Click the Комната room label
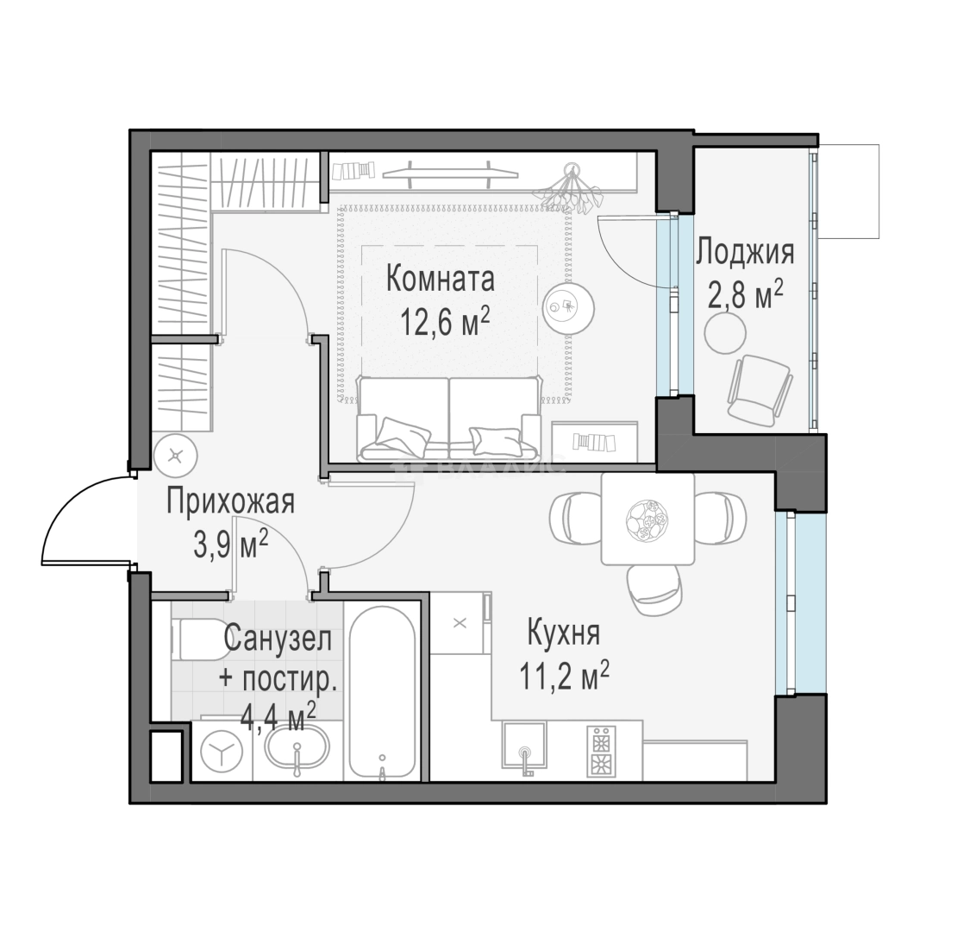pyautogui.click(x=441, y=280)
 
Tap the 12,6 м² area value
pyautogui.click(x=445, y=321)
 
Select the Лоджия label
pyautogui.click(x=746, y=253)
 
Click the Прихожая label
pyautogui.click(x=231, y=501)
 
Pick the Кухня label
pyautogui.click(x=563, y=633)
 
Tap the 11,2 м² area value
pyautogui.click(x=564, y=676)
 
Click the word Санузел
pyautogui.click(x=278, y=639)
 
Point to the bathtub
pyautogui.click(x=382, y=693)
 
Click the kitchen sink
pyautogui.click(x=524, y=745)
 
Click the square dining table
pyautogui.click(x=647, y=520)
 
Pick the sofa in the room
pyautogui.click(x=449, y=419)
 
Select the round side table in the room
pyautogui.click(x=569, y=306)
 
